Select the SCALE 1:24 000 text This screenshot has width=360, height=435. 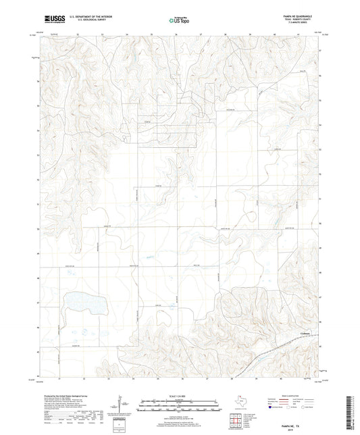180,395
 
